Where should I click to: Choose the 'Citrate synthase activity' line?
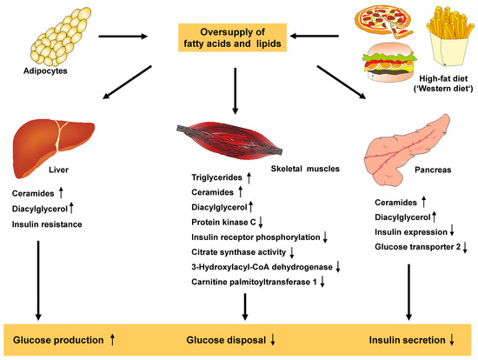click(x=239, y=251)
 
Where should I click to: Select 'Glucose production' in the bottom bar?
click(x=61, y=337)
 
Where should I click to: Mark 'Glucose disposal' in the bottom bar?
click(x=229, y=337)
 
